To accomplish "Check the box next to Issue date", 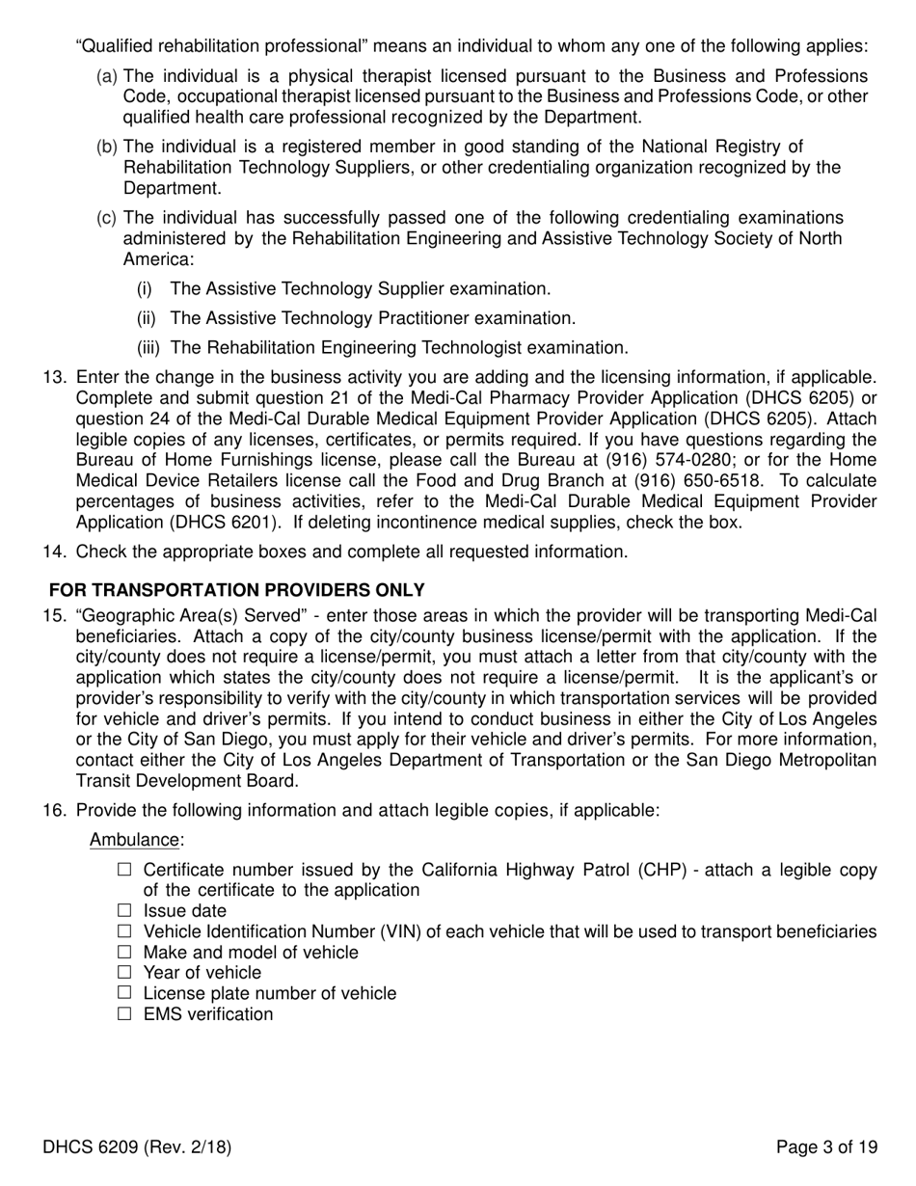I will click(123, 910).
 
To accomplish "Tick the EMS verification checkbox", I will click(123, 1013).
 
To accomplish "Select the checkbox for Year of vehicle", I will click(123, 972).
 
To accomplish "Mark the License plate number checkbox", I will click(123, 992).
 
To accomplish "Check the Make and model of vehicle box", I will click(123, 952).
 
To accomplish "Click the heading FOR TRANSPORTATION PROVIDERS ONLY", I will click(237, 589).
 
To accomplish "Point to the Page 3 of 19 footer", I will click(827, 1147).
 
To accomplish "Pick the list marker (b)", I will click(107, 147).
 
